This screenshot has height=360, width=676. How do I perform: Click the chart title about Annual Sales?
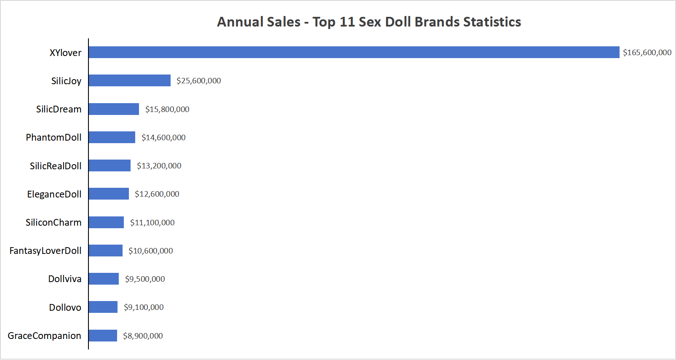point(369,22)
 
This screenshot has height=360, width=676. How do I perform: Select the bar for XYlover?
point(354,52)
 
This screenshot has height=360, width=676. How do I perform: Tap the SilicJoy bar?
point(130,80)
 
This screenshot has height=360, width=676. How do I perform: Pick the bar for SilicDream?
point(114,109)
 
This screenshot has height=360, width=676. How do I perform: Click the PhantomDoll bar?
point(112,137)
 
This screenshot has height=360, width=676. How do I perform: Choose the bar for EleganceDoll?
point(109,194)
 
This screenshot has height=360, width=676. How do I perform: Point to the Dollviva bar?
point(104,279)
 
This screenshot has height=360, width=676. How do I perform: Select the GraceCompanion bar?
point(103,336)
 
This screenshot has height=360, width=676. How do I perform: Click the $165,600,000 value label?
point(647,53)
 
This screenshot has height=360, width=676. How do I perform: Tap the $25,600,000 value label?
point(198,81)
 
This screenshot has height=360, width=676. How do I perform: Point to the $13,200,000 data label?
point(159,166)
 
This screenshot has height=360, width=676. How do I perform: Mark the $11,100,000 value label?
point(152,223)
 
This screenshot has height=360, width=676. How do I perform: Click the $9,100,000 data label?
point(144,307)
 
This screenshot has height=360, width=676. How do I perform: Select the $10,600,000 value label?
point(150,251)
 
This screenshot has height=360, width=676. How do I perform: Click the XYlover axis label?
point(65,53)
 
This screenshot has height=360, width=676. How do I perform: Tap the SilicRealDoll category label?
point(56,166)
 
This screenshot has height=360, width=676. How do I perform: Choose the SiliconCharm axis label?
point(53,222)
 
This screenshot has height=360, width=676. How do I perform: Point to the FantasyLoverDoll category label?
point(45,251)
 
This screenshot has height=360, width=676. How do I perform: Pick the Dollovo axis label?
point(65,307)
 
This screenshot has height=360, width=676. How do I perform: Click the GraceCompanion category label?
point(44,336)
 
